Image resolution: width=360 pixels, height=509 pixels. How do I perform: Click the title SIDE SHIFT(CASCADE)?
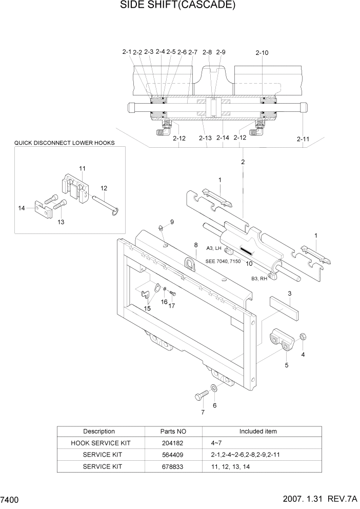[x=170, y=6]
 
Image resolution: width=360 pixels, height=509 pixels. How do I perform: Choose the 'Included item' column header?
[x=258, y=432]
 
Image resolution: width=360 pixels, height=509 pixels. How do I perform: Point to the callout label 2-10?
[x=262, y=52]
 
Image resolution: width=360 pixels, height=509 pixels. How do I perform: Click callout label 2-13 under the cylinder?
[x=205, y=138]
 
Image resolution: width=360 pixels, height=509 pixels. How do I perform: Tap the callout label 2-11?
[x=303, y=139]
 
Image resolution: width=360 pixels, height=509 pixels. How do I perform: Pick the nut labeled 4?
[x=303, y=337]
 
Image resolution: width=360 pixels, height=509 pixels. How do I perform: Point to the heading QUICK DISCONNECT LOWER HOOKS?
[x=64, y=143]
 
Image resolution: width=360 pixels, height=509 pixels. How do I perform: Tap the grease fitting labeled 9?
[x=161, y=228]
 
